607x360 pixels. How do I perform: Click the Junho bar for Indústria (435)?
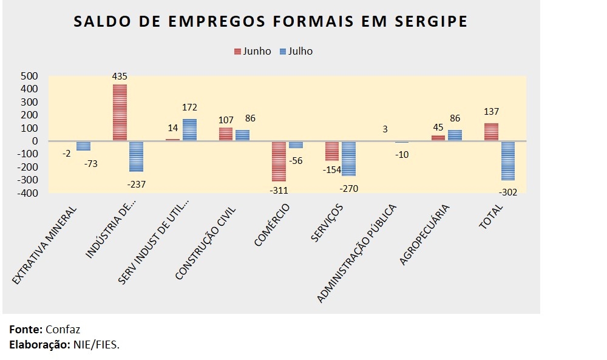pyautogui.click(x=120, y=112)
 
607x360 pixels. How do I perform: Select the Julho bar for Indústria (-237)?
pyautogui.click(x=136, y=156)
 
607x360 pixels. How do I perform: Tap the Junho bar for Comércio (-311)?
pyautogui.click(x=279, y=161)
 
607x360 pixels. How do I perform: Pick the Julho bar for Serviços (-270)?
pyautogui.click(x=348, y=158)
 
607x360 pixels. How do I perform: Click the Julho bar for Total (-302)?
pyautogui.click(x=508, y=160)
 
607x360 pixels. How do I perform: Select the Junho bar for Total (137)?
pyautogui.click(x=492, y=132)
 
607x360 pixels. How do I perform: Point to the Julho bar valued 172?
pyautogui.click(x=189, y=129)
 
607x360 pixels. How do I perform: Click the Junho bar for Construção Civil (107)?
pyautogui.click(x=226, y=134)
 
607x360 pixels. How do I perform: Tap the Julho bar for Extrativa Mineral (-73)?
pyautogui.click(x=83, y=146)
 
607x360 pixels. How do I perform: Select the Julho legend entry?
pyautogui.click(x=296, y=52)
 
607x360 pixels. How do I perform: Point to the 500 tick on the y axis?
pyautogui.click(x=30, y=76)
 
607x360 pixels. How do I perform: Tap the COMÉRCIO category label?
pyautogui.click(x=272, y=225)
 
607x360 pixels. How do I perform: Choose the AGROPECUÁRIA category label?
pyautogui.click(x=424, y=235)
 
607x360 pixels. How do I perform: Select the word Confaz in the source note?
pyautogui.click(x=63, y=330)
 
